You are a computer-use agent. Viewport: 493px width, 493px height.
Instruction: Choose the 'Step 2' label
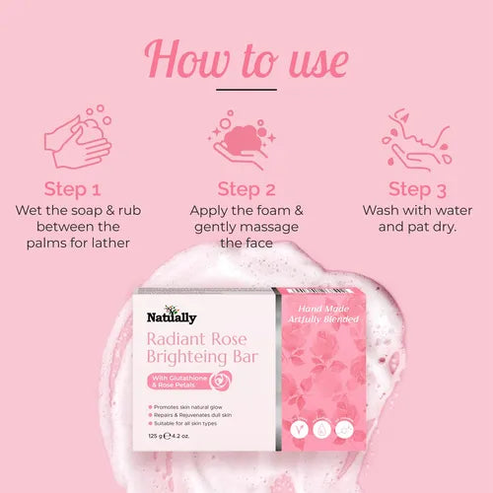tap(246, 188)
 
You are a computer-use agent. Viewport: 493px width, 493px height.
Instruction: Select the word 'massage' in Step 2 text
tap(279, 226)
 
